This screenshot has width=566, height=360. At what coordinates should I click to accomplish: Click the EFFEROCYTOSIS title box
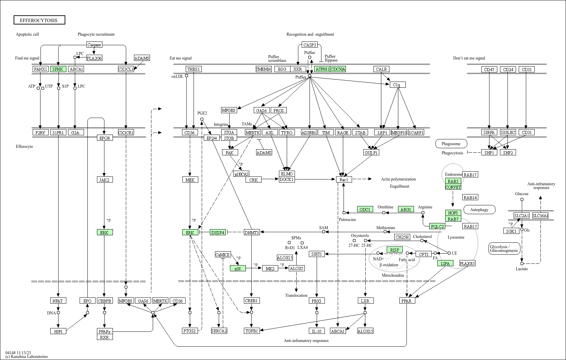[x=39, y=20]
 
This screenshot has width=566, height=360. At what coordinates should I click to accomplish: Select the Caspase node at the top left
[x=94, y=45]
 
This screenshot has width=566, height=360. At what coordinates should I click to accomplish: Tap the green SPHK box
[x=58, y=69]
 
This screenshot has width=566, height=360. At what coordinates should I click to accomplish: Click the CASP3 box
[x=310, y=45]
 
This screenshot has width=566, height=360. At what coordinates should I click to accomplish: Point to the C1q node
[x=397, y=85]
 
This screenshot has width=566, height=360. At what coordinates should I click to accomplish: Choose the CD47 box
[x=489, y=69]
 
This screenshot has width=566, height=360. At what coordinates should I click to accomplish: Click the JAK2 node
[x=104, y=179]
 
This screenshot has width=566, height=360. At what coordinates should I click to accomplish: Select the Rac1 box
[x=344, y=179]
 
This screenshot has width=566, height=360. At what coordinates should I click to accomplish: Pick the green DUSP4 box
[x=218, y=233]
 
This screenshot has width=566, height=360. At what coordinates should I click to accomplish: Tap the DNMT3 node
[x=252, y=233]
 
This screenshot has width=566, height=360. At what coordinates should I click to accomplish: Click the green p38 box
[x=238, y=269]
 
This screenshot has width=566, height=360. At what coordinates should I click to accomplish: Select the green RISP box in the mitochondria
[x=395, y=250]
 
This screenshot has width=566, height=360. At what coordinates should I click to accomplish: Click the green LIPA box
[x=445, y=263]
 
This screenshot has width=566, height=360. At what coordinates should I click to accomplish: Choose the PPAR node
[x=407, y=301]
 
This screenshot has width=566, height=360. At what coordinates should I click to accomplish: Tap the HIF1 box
[x=58, y=331]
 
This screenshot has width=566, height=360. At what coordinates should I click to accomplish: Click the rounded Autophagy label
[x=479, y=210]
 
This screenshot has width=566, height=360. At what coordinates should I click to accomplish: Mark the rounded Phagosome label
[x=451, y=144]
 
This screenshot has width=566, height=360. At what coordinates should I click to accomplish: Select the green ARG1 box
[x=405, y=209]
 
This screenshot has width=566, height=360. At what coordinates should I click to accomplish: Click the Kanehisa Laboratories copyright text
[x=27, y=357]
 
